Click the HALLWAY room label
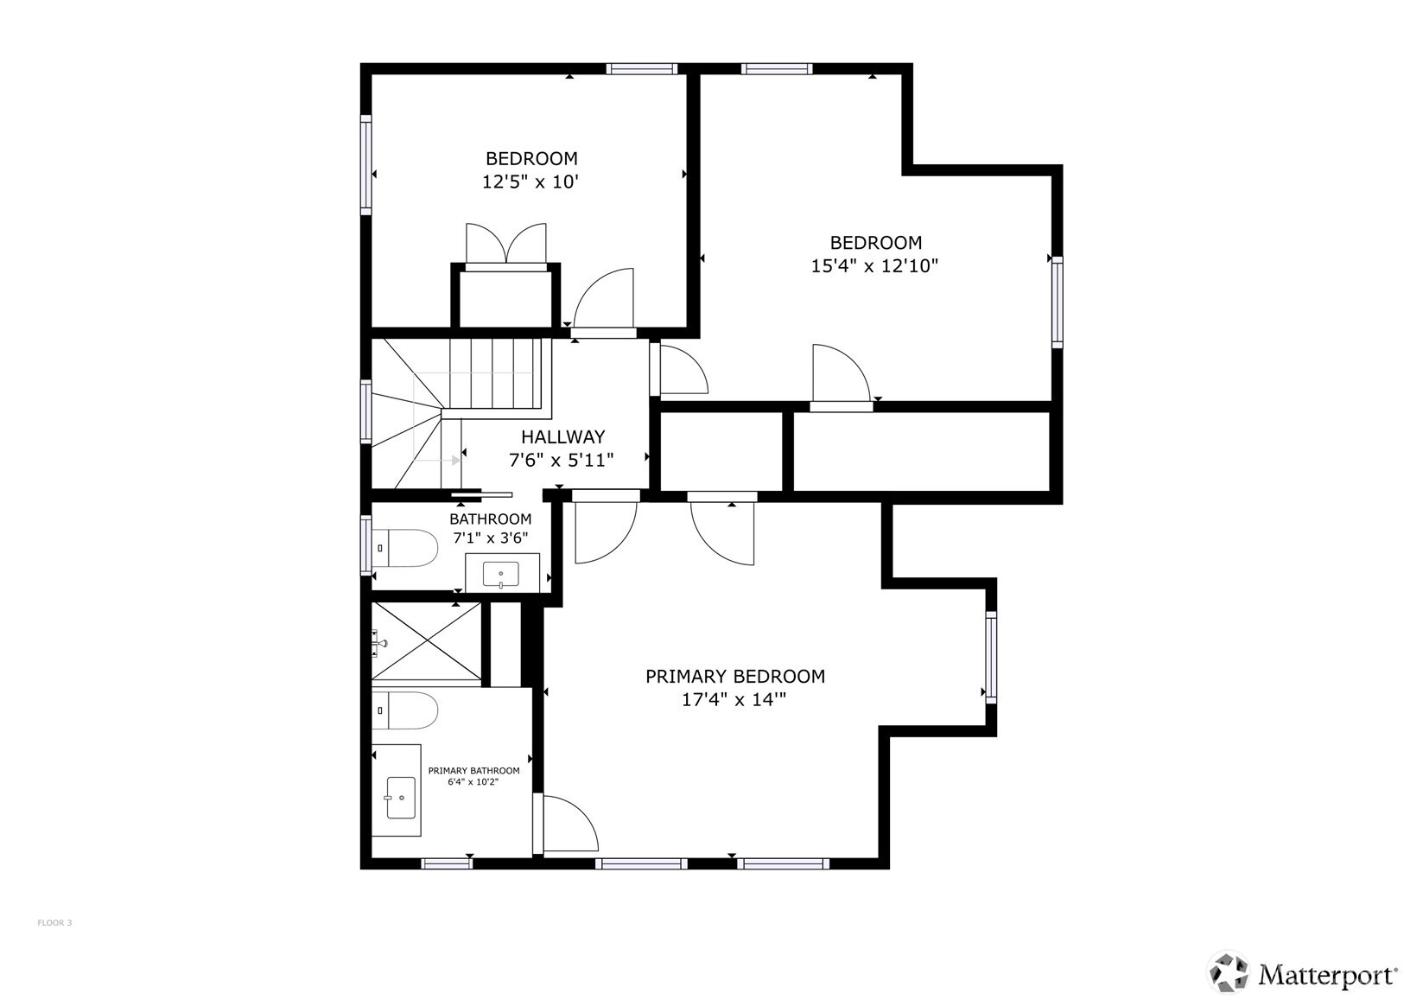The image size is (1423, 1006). [562, 436]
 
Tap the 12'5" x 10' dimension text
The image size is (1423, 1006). [530, 182]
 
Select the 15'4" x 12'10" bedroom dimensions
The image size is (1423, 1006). [874, 266]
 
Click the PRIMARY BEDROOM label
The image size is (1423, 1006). [734, 676]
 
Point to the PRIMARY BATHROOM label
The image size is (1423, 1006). [473, 771]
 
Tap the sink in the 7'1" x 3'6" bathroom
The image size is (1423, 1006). [501, 573]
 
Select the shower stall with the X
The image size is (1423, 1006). [426, 642]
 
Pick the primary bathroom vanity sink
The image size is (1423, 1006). [401, 797]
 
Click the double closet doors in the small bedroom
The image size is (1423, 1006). [506, 245]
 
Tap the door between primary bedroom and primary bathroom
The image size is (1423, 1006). [566, 825]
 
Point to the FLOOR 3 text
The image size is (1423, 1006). [54, 923]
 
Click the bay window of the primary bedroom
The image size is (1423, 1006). [991, 657]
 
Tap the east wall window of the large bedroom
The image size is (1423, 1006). [1057, 302]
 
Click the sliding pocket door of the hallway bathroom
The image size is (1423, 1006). [482, 495]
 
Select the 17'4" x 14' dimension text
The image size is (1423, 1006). [734, 700]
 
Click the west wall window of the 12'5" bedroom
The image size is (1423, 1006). [365, 164]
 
